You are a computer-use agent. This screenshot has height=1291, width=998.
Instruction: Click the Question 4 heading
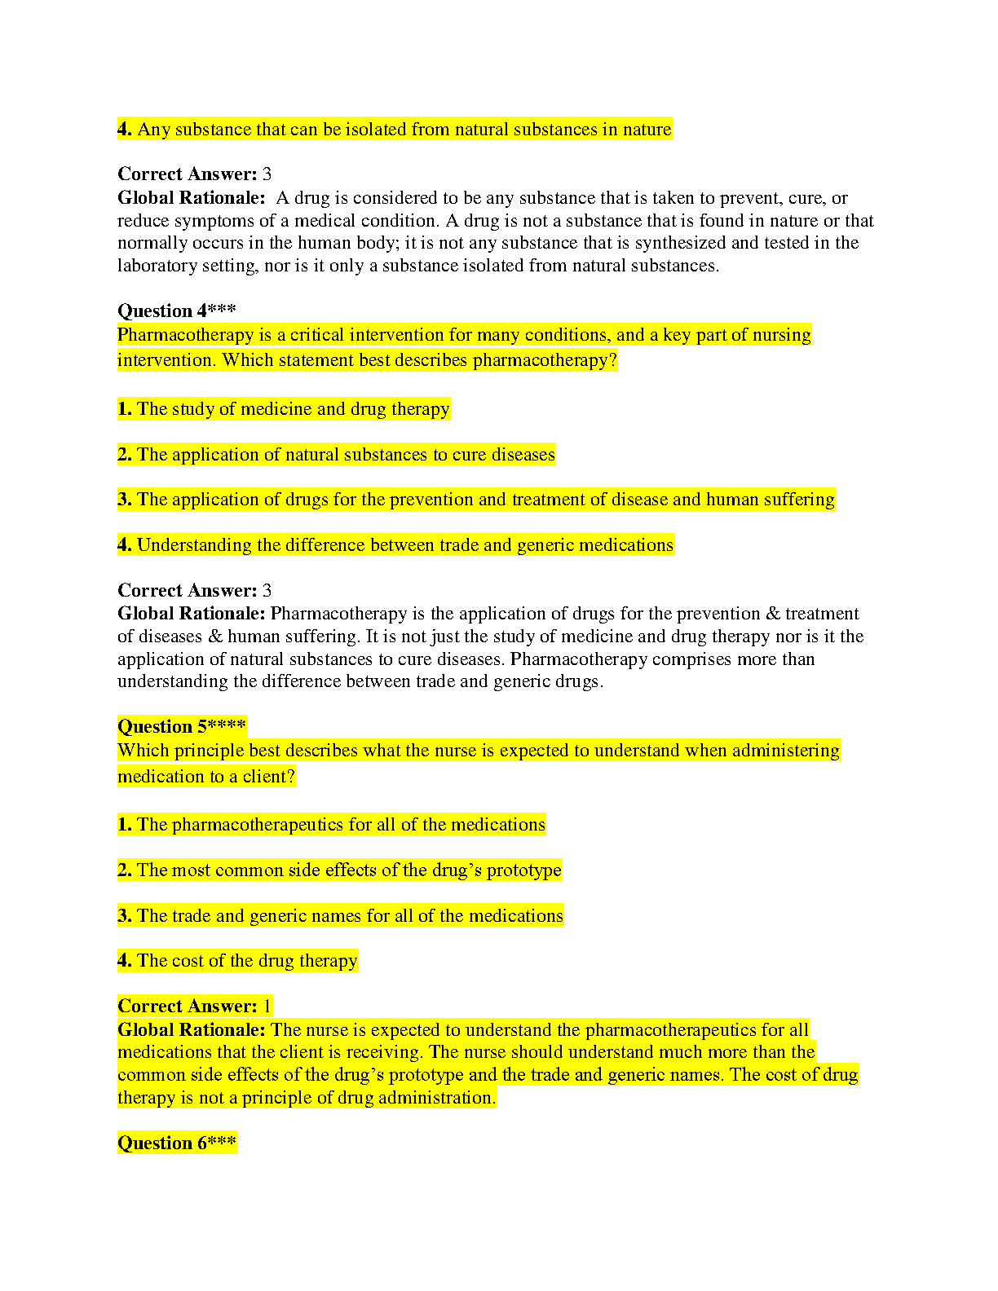176,311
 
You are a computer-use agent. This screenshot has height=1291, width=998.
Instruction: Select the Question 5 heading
181,726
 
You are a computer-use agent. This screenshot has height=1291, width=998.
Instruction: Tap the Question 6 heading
176,1143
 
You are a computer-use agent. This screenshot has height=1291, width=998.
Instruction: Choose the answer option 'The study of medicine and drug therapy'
293,409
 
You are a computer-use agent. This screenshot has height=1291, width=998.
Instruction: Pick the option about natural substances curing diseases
346,455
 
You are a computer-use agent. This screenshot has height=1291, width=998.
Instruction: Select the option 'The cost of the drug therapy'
247,961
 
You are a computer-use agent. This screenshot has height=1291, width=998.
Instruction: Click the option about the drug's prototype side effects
349,870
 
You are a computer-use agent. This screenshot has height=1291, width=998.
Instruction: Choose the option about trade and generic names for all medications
350,916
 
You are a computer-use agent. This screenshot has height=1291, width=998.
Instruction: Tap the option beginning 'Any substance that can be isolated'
404,130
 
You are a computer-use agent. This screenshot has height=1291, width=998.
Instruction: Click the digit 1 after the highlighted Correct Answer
267,1007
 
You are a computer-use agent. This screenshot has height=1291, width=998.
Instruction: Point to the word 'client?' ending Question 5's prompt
268,777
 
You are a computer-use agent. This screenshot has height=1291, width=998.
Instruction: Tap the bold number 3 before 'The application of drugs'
123,500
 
